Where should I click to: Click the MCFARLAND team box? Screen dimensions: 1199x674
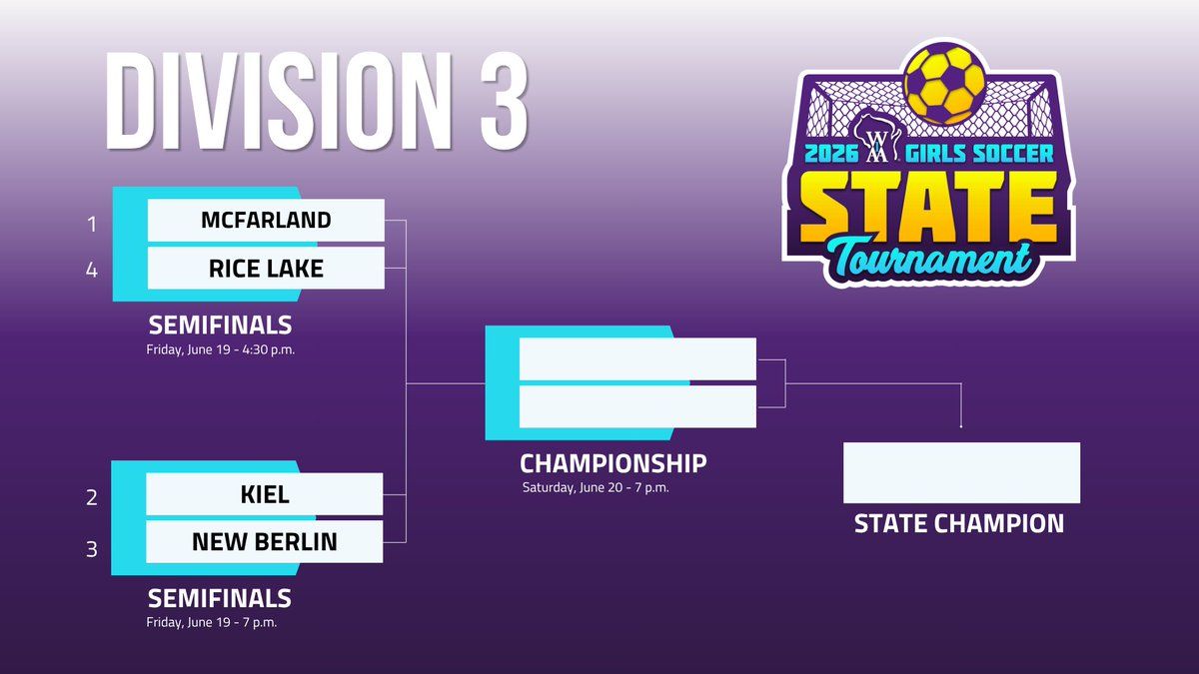point(266,221)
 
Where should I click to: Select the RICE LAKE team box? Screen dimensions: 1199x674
point(266,268)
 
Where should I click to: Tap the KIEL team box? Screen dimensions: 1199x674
point(265,494)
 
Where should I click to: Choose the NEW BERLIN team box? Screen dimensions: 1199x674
point(265,542)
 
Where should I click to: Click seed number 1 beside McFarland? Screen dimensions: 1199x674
point(92,224)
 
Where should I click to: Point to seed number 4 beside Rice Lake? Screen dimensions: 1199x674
point(92,271)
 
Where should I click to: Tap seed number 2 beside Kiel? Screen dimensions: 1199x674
point(92,498)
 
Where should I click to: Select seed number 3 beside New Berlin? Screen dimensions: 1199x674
point(92,549)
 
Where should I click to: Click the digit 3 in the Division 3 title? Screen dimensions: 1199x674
point(504,101)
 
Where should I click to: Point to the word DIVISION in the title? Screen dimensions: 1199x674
point(279,101)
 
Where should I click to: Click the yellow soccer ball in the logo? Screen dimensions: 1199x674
point(945,86)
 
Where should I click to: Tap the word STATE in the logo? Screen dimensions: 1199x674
point(928,206)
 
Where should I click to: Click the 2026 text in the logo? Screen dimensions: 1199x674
point(831,154)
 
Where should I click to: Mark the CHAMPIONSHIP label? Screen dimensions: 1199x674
point(613,463)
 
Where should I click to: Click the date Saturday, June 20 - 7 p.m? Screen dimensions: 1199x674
point(596,488)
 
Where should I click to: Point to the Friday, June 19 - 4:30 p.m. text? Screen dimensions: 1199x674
point(221,349)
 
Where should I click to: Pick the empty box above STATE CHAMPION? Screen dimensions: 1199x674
point(962,473)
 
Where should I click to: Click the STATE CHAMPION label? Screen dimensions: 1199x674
point(959,523)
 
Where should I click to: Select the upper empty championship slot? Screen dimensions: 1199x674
point(637,358)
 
